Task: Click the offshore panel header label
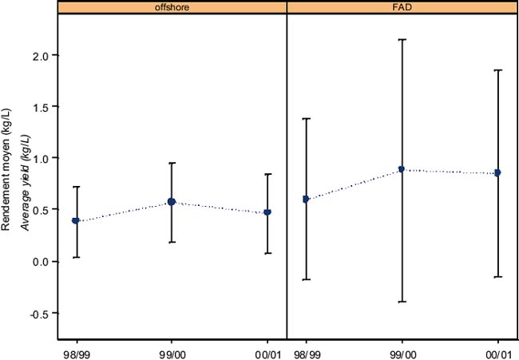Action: [x=172, y=8]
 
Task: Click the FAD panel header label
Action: [x=402, y=8]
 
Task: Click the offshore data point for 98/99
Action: [x=76, y=220]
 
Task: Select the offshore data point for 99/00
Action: [x=172, y=202]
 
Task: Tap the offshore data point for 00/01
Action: [x=267, y=212]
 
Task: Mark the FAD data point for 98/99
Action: [x=306, y=199]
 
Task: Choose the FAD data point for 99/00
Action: [x=402, y=169]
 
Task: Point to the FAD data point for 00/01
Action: [x=497, y=172]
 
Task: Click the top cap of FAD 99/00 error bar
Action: [x=402, y=39]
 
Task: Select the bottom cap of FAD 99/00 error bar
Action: [x=402, y=302]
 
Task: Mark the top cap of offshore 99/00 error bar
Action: [x=172, y=163]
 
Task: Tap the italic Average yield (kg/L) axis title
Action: [x=25, y=171]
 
